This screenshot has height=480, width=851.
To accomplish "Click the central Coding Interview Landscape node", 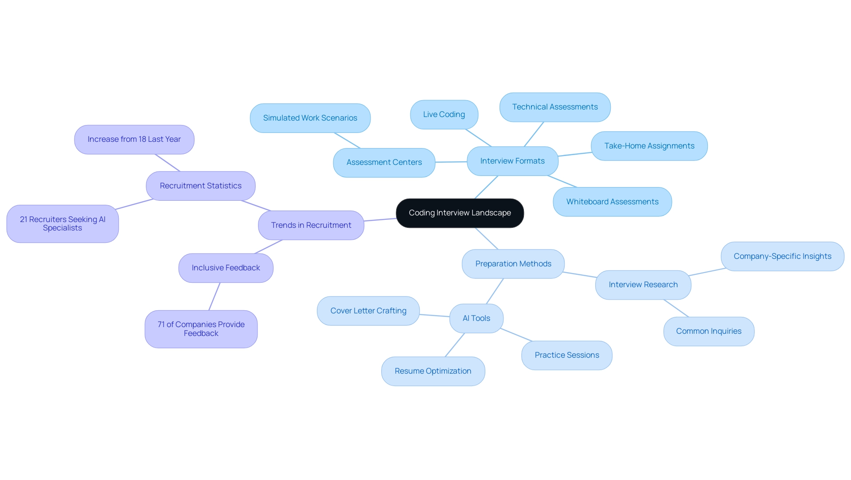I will tap(460, 213).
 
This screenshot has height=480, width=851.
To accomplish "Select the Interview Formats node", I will tap(512, 161).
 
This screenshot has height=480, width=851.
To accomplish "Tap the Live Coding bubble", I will tap(444, 115).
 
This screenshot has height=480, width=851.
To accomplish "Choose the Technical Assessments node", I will tap(555, 107).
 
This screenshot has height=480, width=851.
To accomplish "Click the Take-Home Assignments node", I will tap(649, 146).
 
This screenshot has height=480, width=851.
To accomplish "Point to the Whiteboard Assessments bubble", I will tap(612, 202).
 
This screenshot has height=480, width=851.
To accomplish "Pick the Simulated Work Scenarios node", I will tap(310, 118).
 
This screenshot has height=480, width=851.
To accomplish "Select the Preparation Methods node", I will tap(513, 264).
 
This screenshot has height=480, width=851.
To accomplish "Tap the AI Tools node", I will tap(476, 319).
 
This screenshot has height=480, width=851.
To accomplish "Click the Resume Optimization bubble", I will tap(433, 371).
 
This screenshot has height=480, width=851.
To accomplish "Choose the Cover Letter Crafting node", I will tap(368, 311).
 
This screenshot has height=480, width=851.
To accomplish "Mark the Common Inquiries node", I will tap(709, 332).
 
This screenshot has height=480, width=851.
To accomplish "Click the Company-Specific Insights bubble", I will tap(782, 257).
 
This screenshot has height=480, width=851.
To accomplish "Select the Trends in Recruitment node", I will tap(311, 226).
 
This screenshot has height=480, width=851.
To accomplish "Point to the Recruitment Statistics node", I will tap(201, 186).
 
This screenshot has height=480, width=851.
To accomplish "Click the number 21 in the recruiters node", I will tap(23, 220).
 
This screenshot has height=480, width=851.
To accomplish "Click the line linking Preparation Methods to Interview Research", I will tap(580, 275).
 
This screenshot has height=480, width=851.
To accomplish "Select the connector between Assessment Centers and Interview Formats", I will tap(451, 162).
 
